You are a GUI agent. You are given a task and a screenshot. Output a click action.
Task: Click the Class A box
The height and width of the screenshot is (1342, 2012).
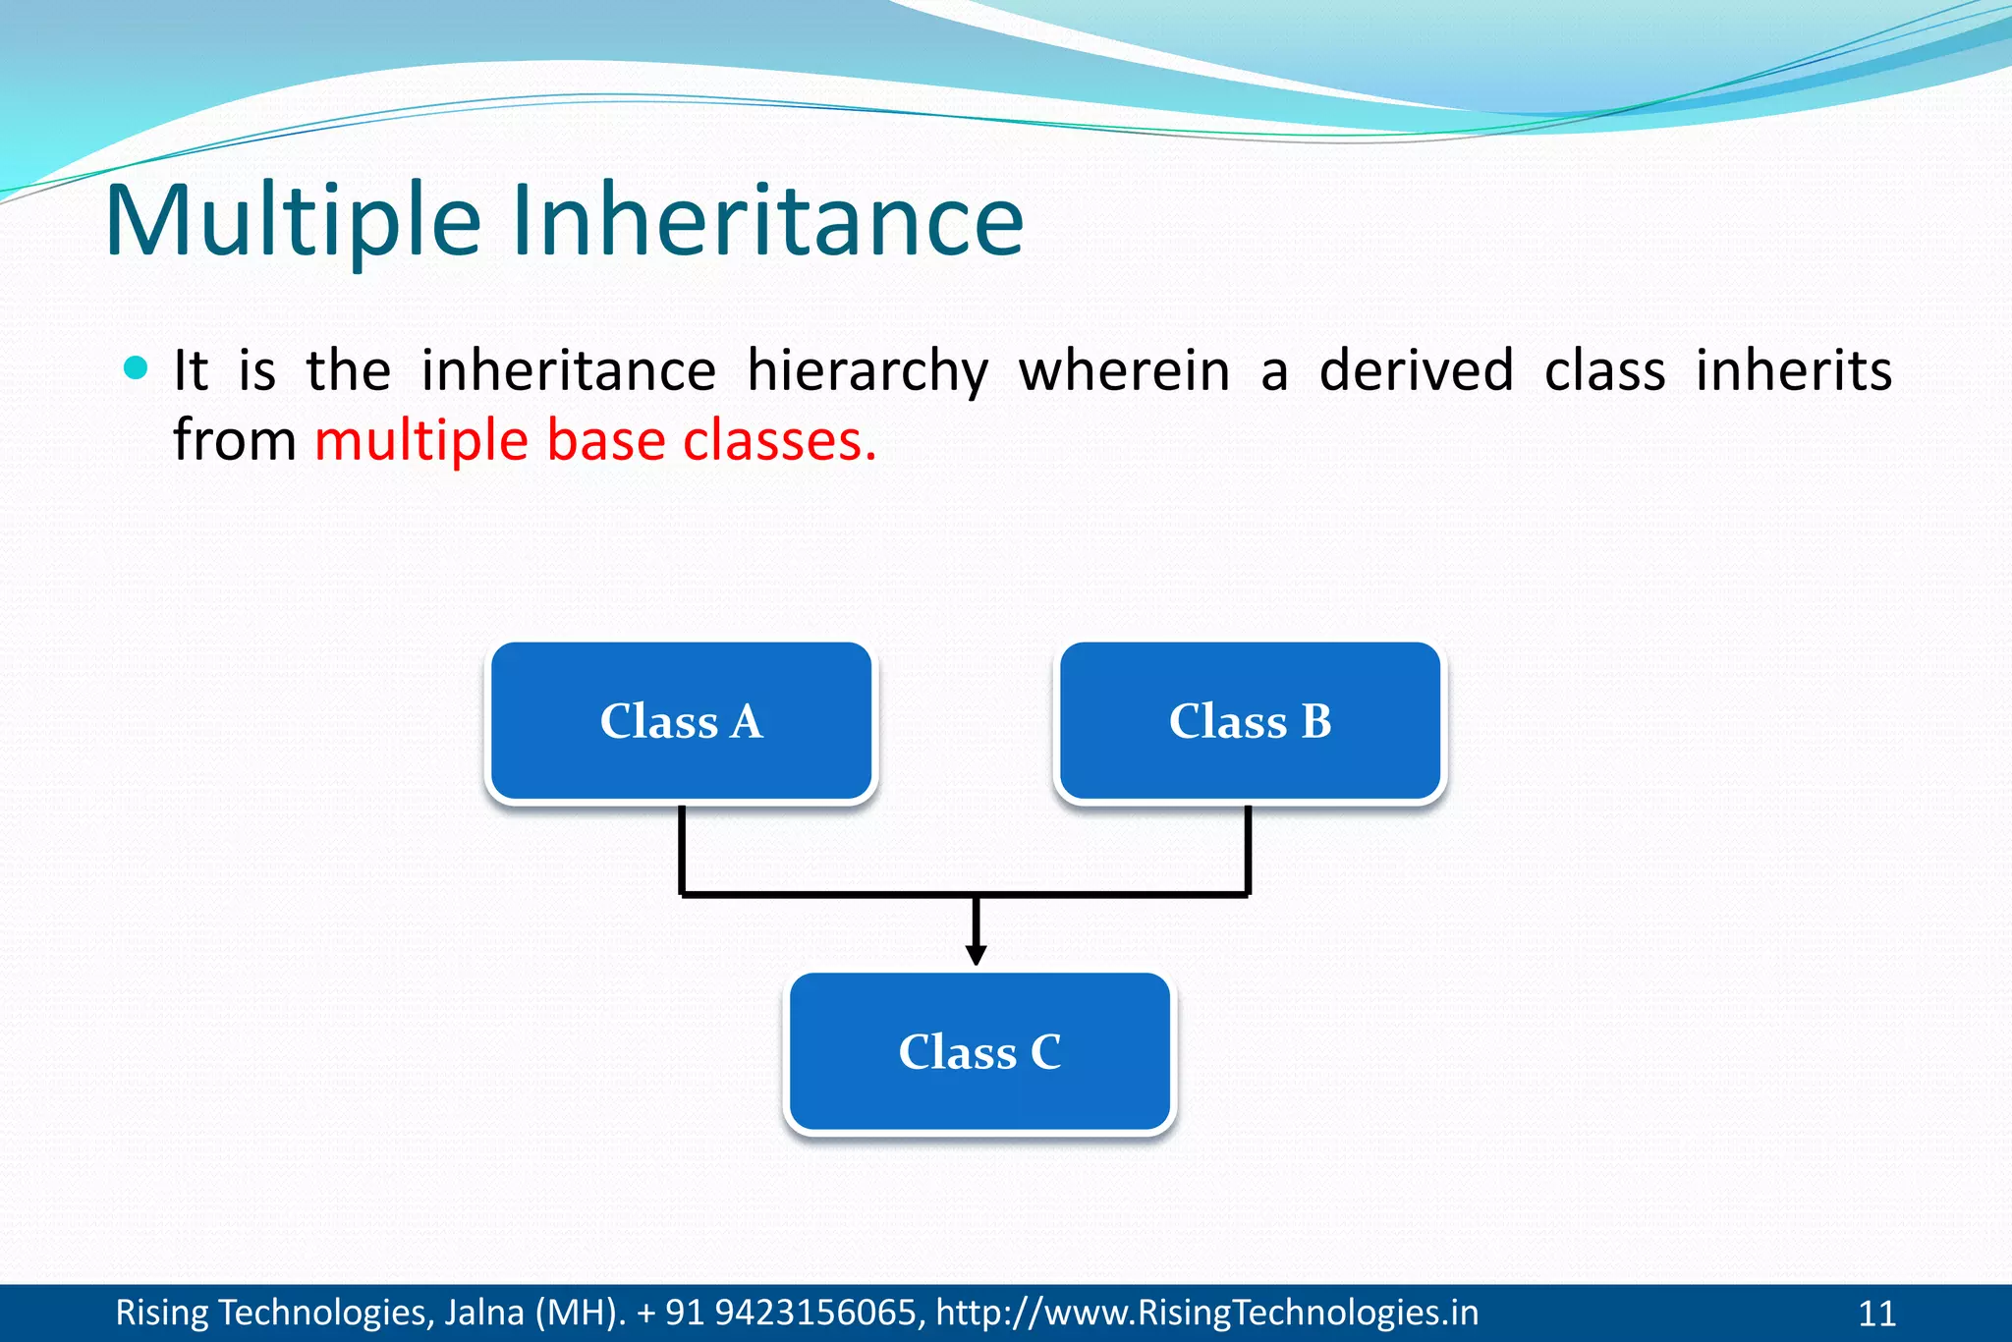(681, 722)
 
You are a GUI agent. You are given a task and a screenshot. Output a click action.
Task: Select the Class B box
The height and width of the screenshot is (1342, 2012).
(1250, 722)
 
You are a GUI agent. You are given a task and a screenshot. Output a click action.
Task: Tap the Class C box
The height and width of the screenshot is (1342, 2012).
(979, 1052)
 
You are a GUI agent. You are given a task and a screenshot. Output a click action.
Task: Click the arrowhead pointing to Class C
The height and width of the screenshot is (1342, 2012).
(976, 954)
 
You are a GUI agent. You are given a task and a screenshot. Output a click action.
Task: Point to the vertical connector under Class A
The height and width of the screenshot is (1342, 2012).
(681, 850)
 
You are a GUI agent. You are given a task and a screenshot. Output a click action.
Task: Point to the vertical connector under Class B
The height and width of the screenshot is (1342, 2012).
(1248, 850)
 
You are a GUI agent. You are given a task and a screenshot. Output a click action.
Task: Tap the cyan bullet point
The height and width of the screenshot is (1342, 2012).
(137, 369)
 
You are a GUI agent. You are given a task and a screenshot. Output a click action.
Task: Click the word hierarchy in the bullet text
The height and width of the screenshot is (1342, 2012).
(866, 372)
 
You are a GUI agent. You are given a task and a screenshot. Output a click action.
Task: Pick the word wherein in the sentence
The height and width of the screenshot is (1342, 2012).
(1124, 372)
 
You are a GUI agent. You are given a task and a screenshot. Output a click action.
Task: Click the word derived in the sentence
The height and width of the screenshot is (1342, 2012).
(1415, 372)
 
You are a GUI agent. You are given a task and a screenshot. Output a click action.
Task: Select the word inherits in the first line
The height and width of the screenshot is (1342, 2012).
(1793, 372)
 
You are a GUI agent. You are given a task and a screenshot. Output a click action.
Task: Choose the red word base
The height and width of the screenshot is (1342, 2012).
(605, 441)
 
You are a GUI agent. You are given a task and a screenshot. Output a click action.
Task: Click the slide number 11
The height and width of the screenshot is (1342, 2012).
(1876, 1314)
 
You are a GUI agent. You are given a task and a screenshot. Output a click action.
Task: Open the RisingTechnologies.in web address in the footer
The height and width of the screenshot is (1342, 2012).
(1206, 1313)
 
